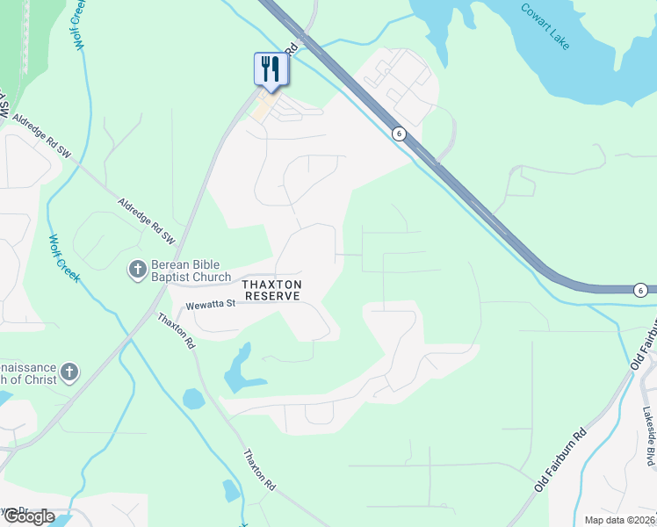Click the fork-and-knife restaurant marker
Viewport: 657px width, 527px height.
point(271,69)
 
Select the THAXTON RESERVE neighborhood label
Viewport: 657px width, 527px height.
point(272,291)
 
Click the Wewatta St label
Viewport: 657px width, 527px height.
point(211,304)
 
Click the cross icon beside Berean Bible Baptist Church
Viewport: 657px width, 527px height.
point(137,270)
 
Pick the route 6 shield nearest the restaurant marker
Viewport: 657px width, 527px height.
point(400,133)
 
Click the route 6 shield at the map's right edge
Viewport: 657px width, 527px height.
point(642,290)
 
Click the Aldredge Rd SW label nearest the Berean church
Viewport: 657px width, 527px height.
point(148,220)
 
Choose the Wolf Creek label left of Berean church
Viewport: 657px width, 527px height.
point(64,258)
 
